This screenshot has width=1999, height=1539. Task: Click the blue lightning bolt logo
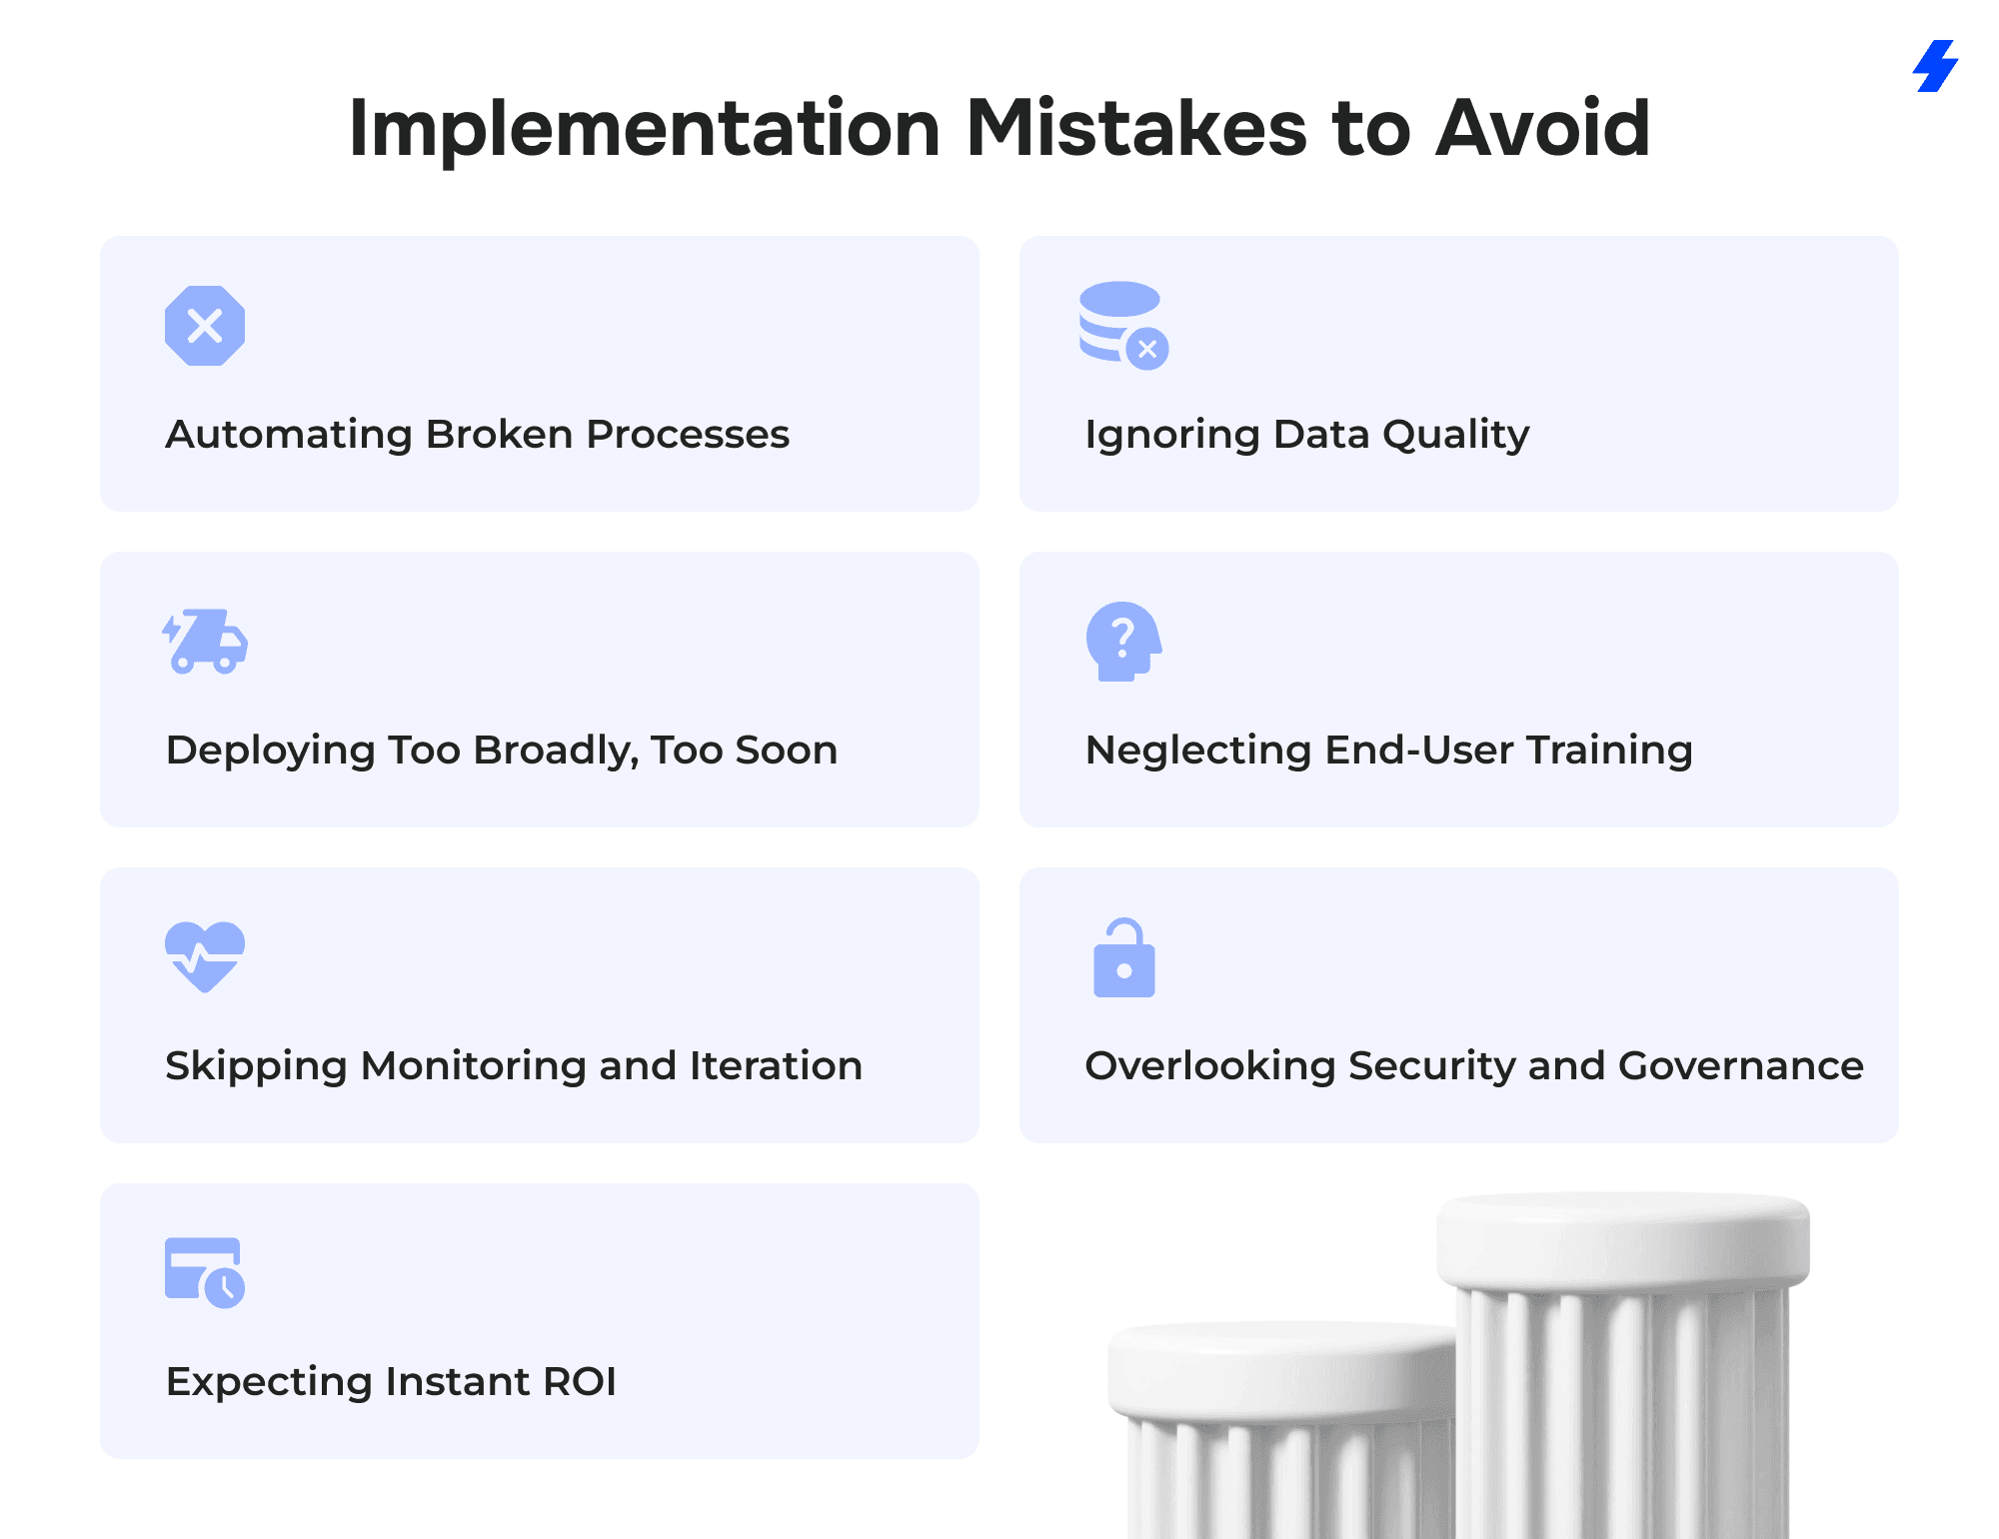[1936, 66]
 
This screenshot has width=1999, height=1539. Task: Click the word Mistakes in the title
[1136, 128]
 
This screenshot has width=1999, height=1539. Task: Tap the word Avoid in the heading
[1542, 128]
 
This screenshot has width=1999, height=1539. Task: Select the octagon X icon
[205, 326]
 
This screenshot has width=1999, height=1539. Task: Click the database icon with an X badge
[1123, 325]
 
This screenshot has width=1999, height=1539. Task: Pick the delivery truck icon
[205, 641]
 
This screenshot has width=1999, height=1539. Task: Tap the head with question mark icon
[1123, 642]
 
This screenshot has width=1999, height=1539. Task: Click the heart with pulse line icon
[205, 956]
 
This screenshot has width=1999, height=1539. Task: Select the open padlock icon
[1124, 957]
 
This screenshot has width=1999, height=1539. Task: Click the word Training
[1609, 752]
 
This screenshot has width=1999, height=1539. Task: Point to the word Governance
[1741, 1065]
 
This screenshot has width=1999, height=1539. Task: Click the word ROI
[579, 1381]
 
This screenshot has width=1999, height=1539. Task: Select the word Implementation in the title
[645, 128]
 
